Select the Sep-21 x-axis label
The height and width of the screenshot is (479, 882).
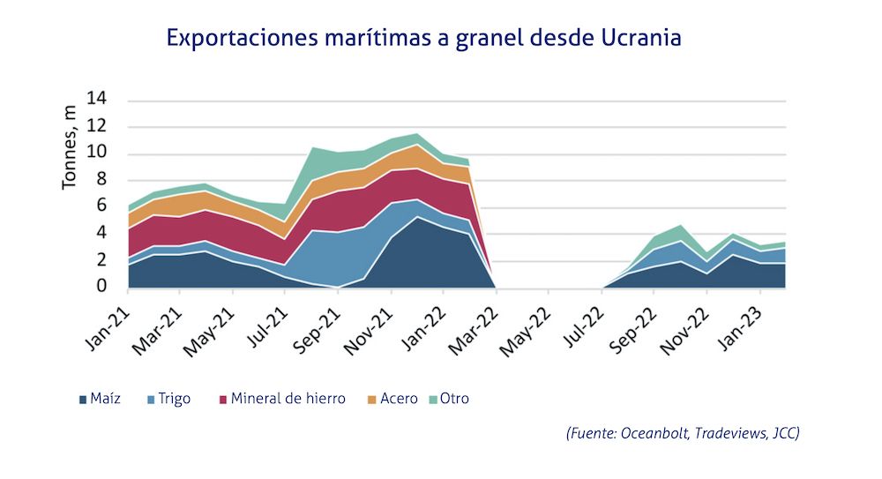point(318,326)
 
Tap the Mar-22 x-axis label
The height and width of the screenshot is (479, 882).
point(476,326)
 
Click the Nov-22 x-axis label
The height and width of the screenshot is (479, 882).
point(687,326)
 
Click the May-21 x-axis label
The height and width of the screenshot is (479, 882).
point(213,326)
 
